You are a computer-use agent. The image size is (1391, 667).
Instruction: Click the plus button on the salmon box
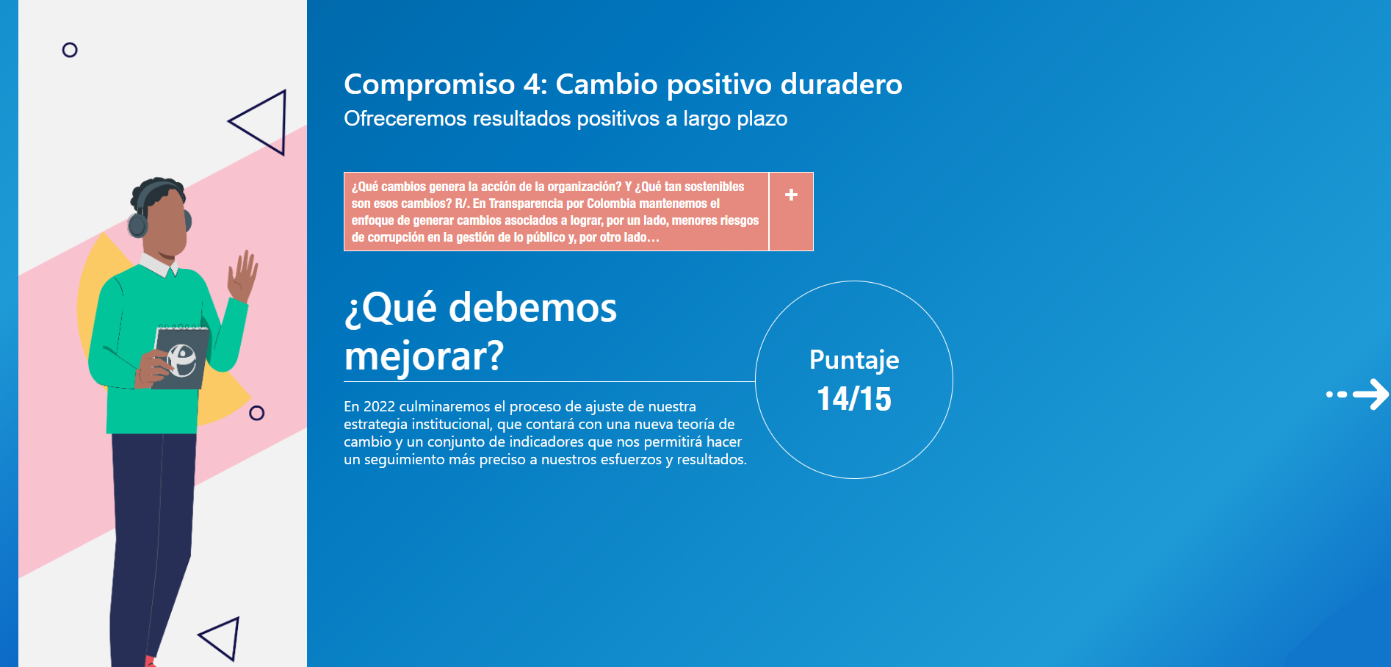click(791, 195)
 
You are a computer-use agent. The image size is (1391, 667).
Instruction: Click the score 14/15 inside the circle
click(854, 399)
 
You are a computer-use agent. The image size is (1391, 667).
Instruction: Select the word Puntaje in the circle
click(854, 360)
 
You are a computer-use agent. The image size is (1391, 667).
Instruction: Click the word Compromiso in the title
click(430, 85)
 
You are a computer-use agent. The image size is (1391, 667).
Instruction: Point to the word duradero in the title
click(842, 84)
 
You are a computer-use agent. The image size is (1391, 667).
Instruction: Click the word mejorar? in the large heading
click(424, 356)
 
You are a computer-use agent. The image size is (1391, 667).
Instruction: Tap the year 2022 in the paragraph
click(379, 406)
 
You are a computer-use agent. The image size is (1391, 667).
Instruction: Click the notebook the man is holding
click(181, 358)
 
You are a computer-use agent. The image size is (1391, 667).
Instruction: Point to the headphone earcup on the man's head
click(137, 225)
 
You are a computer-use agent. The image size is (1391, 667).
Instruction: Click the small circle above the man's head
click(70, 50)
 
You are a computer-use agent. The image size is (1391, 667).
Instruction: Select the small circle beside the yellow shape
click(256, 413)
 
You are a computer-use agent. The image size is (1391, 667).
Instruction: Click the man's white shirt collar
click(158, 265)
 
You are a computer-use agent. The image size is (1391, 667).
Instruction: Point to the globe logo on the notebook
click(182, 360)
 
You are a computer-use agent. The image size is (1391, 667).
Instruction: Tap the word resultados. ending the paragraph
click(712, 459)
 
